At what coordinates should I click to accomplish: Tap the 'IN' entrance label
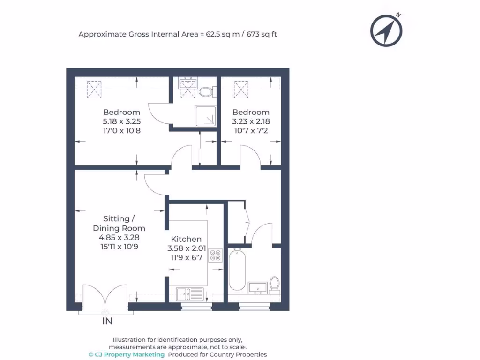107,321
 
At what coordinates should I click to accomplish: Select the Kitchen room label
186,239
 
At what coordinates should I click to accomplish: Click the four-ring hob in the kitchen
216,255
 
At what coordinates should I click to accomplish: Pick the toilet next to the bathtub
275,283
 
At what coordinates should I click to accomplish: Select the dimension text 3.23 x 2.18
251,121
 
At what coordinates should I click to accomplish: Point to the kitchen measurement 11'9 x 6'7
186,257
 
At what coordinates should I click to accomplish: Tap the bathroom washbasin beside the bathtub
258,286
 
